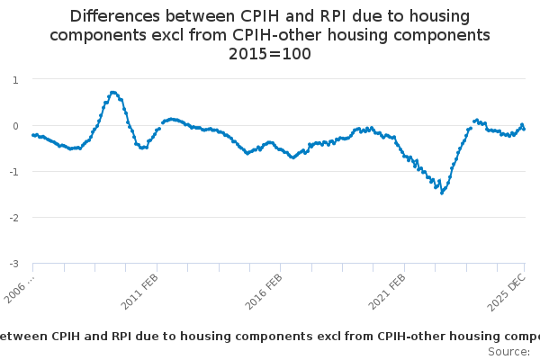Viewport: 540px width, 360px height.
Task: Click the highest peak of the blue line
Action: point(112,92)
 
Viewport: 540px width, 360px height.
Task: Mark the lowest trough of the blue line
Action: point(442,193)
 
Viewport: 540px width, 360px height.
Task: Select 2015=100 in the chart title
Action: point(269,53)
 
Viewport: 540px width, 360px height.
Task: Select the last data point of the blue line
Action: point(525,130)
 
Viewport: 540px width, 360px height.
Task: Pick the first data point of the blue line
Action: point(32,135)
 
